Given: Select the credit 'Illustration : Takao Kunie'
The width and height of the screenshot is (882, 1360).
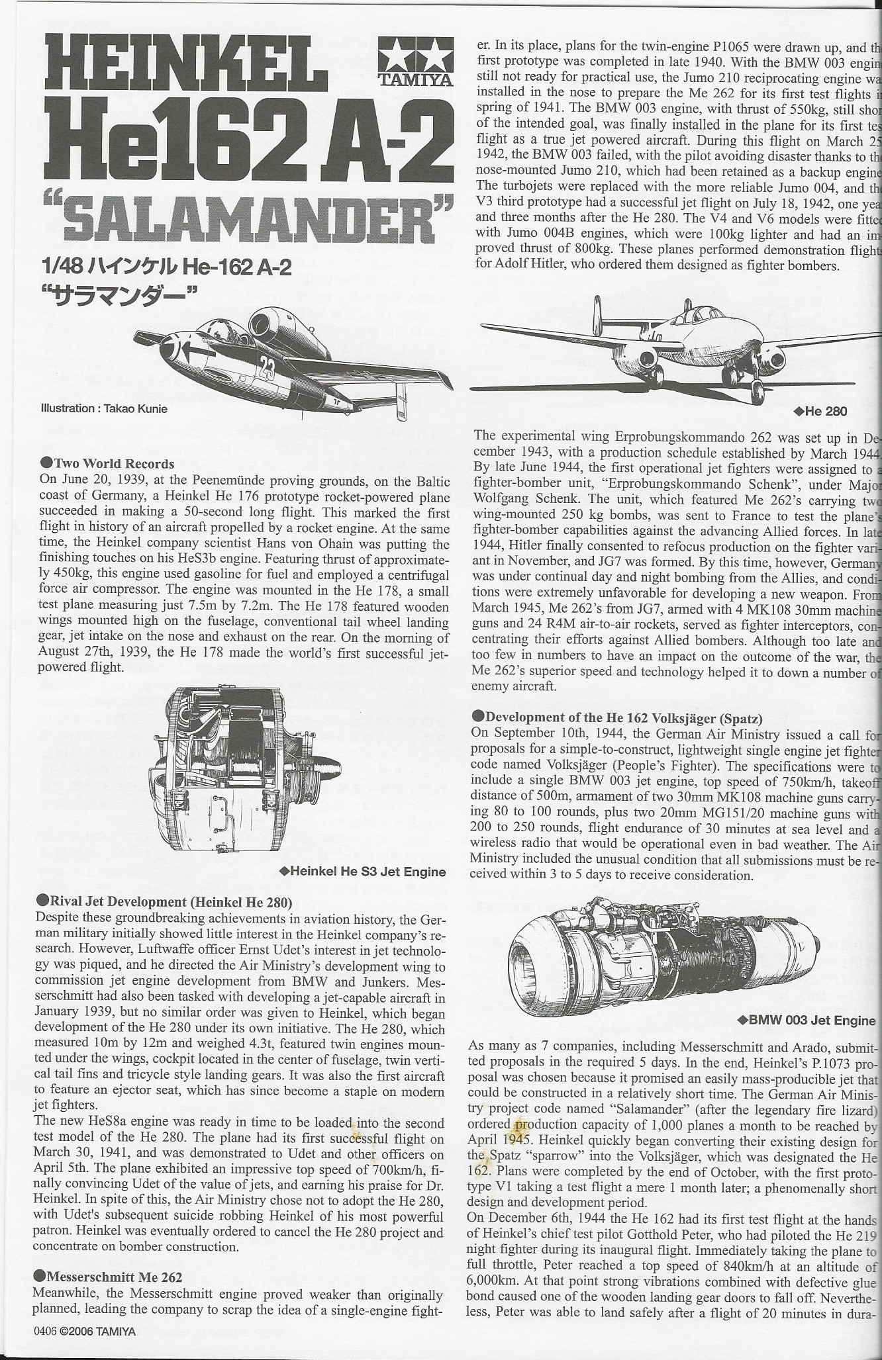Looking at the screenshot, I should click(104, 408).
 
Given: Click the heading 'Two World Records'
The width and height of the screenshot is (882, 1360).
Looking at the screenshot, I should click(113, 463).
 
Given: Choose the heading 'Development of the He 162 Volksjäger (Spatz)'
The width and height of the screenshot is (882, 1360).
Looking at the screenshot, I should click(623, 718).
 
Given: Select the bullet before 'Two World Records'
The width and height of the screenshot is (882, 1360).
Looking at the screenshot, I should click(46, 463).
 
